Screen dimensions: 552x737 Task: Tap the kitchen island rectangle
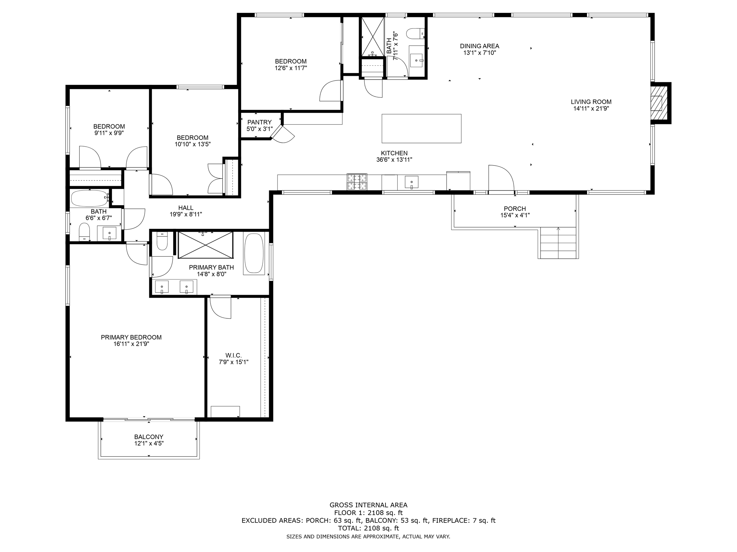(421, 128)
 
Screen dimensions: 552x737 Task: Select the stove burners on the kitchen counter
(357, 181)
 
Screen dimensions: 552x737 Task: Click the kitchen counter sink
(411, 182)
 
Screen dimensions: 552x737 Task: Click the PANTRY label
(259, 122)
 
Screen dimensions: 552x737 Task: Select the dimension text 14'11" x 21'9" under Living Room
(591, 109)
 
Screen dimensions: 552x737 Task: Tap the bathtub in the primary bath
(254, 253)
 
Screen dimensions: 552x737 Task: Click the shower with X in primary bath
(205, 245)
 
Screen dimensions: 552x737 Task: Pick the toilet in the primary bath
(162, 241)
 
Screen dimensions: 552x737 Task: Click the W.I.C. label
(234, 355)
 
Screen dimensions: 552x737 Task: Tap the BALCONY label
(149, 437)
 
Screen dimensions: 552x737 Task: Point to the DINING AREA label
(479, 46)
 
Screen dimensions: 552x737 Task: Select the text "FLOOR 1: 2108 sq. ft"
(368, 513)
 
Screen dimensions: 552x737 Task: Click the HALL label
(186, 208)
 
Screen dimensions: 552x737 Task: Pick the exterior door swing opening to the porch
(501, 178)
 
